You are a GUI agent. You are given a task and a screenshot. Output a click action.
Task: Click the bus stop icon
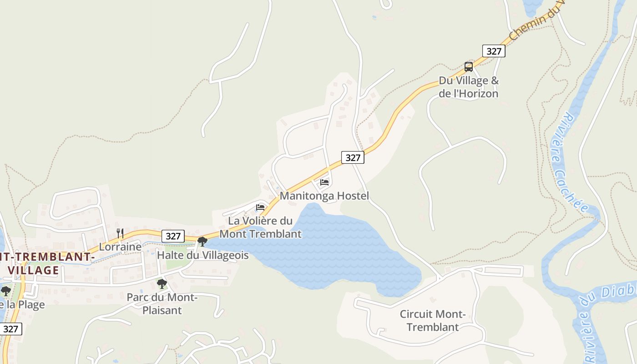coord(469,67)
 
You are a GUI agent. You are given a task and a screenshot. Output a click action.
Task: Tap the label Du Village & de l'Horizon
coord(469,87)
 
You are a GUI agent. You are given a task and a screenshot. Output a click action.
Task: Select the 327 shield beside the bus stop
coord(494,51)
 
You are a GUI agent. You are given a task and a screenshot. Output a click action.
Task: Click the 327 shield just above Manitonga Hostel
coord(353,157)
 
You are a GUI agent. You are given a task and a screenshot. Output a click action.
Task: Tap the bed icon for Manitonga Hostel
coord(324,182)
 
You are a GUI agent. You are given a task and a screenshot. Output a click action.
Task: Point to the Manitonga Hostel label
coord(324,196)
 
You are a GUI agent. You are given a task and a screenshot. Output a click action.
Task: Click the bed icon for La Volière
coord(260,207)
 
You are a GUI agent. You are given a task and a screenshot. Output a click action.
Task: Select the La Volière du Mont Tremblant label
coord(260,227)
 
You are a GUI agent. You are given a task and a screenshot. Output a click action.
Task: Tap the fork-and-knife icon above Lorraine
coord(120,233)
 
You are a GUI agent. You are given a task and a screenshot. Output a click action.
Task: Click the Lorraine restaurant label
coord(120,247)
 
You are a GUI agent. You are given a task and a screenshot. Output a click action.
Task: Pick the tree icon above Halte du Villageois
coord(202,241)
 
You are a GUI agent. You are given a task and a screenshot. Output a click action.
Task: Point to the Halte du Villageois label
coord(202,255)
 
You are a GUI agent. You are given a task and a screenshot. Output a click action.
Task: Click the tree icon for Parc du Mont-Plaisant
coord(162,284)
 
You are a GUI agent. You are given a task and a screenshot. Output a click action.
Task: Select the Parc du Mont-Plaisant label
coord(162,304)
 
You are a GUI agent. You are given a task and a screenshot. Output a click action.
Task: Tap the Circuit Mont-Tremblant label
coord(432,320)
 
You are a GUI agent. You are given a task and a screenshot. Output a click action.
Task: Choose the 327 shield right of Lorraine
coord(173,236)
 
